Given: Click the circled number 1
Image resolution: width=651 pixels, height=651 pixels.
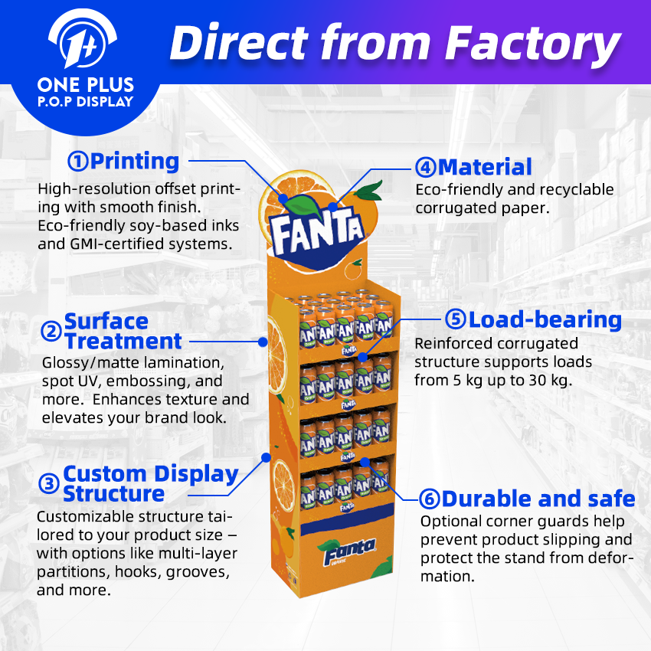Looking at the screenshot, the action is (x=78, y=162).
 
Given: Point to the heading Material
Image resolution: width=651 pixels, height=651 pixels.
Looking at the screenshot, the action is (x=485, y=167).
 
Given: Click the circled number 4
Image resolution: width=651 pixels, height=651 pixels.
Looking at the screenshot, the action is (x=426, y=167).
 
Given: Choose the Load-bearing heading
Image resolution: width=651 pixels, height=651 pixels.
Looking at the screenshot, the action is (x=545, y=320).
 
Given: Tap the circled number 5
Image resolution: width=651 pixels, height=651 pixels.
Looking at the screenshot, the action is (x=456, y=320).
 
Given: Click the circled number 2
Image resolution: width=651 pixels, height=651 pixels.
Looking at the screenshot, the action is (x=51, y=332).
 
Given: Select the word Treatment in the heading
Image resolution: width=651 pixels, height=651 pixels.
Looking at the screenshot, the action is (x=123, y=342).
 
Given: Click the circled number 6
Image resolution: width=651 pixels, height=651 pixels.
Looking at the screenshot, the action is (x=430, y=499).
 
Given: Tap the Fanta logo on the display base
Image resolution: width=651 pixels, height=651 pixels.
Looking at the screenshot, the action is (x=349, y=549).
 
